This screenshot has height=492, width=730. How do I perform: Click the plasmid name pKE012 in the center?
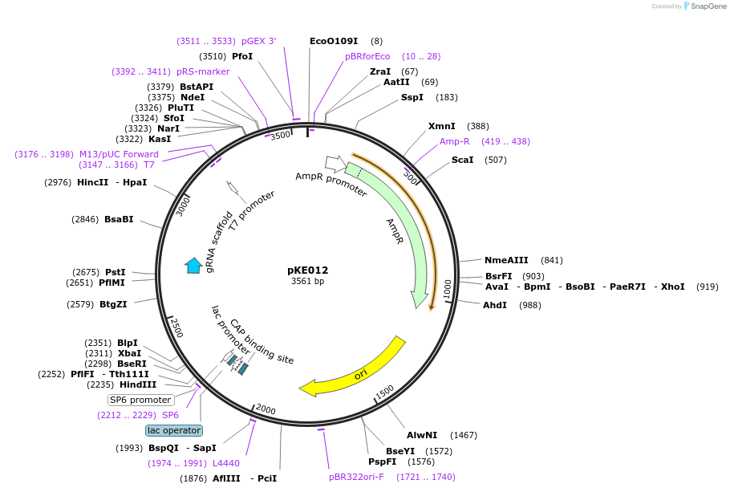308,270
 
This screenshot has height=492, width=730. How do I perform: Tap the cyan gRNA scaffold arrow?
193,266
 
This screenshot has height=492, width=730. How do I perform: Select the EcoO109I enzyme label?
334,41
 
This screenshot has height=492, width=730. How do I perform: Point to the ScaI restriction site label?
462,160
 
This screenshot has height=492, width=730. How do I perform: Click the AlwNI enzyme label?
421,435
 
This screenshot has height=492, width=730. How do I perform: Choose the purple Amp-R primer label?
455,141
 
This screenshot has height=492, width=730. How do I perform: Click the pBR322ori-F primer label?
356,477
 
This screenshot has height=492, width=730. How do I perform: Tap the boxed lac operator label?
174,430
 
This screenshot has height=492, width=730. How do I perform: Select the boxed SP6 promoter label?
140,400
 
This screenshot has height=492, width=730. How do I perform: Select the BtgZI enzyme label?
113,304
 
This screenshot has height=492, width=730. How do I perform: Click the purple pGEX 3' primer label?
258,41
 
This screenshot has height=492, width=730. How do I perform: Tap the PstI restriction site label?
116,272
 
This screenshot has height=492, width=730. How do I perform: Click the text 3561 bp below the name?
308,282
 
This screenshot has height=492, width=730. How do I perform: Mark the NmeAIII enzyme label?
506,260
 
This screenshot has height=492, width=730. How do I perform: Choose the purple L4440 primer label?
226,463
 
